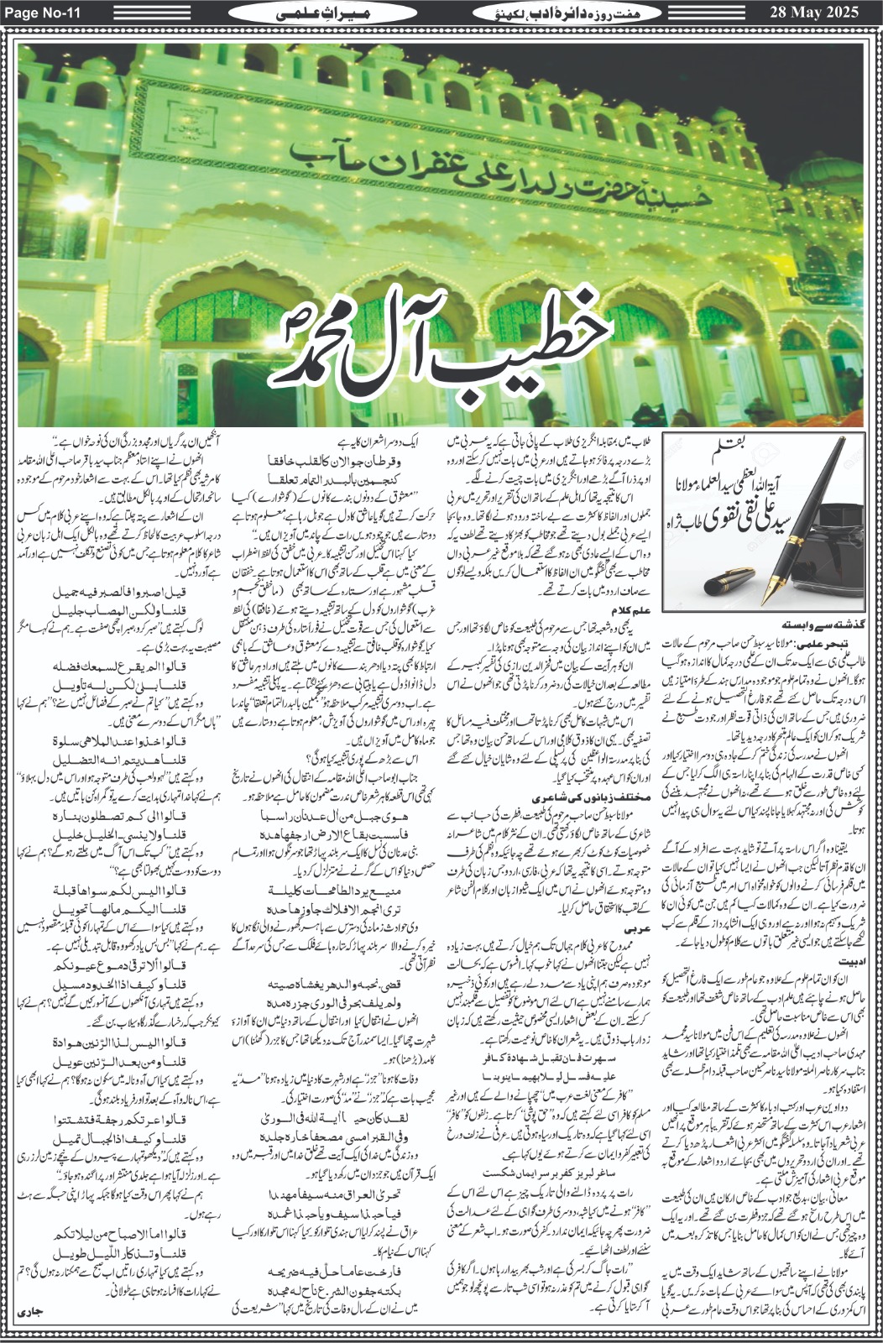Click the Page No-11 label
(41, 13)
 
